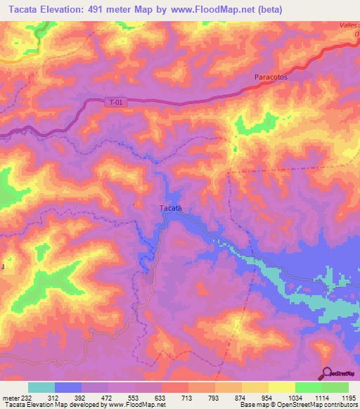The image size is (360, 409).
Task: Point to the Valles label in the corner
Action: pos(347,25)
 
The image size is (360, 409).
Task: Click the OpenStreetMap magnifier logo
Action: pos(327,373)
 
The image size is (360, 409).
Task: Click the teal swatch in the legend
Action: pos(41,387)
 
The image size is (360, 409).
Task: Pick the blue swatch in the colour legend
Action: pos(68,387)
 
